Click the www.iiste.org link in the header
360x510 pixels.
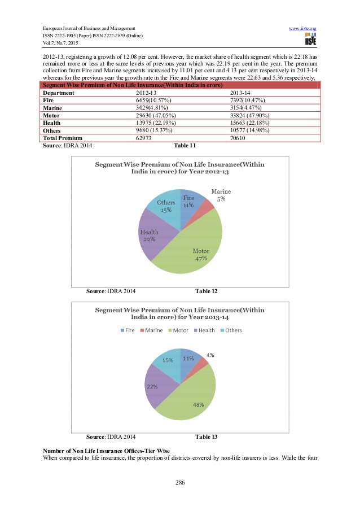[304, 27]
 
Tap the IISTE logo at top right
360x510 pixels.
[309, 40]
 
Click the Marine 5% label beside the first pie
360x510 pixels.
[221, 195]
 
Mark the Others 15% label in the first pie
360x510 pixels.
[166, 206]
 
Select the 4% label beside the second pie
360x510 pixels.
[210, 355]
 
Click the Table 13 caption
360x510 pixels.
[206, 437]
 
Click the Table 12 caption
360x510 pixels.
[206, 291]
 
